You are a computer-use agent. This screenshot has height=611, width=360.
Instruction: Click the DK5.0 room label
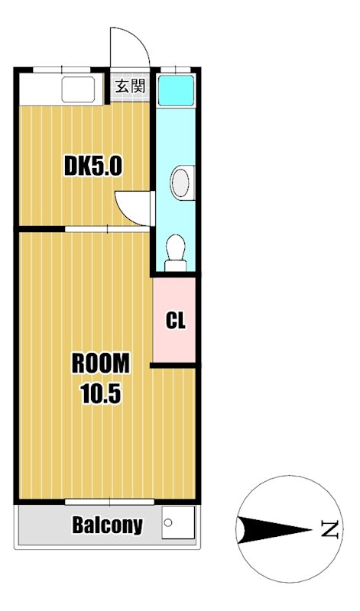point(92,165)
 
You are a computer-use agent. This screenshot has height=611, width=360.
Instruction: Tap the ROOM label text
point(101,364)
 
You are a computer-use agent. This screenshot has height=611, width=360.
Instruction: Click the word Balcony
point(108,525)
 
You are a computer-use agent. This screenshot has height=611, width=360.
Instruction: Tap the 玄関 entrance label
point(130,86)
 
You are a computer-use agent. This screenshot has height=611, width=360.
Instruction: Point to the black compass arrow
point(268,528)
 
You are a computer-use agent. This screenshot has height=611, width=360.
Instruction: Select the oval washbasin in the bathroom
point(181,182)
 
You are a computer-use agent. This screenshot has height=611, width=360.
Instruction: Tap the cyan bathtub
point(176,90)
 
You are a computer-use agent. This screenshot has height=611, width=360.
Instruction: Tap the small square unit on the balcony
point(178,525)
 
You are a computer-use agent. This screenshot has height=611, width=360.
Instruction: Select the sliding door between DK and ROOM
point(107,228)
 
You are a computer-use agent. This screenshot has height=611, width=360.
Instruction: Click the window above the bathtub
point(176,70)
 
